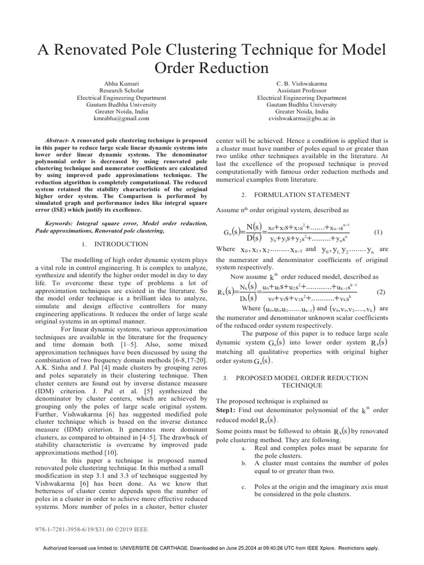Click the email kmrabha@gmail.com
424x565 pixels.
pos(121,119)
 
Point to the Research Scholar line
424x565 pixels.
pos(121,90)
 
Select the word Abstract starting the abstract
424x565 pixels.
pos(56,141)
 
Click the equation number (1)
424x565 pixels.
pos(378,232)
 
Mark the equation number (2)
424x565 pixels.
pos(380,291)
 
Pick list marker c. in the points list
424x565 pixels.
pos(243,487)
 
